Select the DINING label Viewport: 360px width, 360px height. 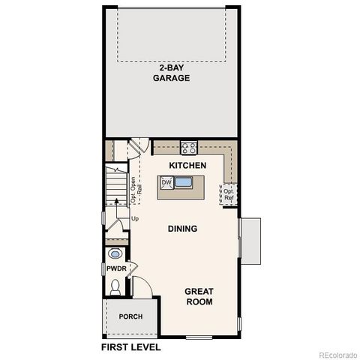click(183, 229)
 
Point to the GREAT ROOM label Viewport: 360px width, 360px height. click(199, 297)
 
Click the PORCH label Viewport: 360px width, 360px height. click(130, 316)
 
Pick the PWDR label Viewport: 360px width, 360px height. click(115, 268)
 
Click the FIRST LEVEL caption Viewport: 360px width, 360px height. click(131, 347)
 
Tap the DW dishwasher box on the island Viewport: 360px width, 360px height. click(166, 182)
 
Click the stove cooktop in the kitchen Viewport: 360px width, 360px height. click(188, 148)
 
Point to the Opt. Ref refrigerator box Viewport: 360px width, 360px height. click(228, 195)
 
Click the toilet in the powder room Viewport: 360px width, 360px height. click(115, 286)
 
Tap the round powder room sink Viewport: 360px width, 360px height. click(115, 252)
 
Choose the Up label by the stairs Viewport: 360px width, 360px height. click(135, 219)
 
